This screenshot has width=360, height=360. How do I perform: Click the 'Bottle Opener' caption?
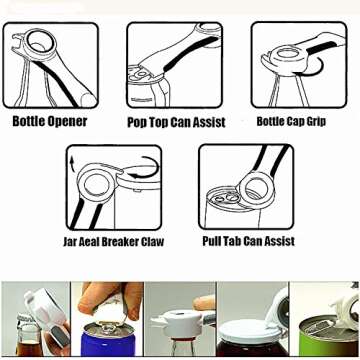click(49, 122)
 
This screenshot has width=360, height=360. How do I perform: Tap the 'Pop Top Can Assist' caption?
click(176, 123)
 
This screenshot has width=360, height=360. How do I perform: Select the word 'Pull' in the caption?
click(212, 241)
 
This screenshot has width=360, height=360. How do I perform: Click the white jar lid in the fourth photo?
click(252, 329)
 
